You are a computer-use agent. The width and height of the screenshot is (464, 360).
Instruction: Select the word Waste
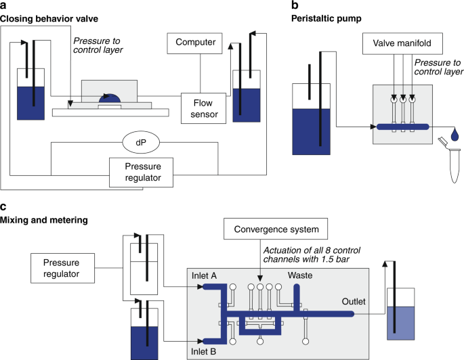pos(300,275)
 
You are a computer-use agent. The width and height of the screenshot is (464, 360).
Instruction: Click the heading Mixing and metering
pos(43,220)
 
